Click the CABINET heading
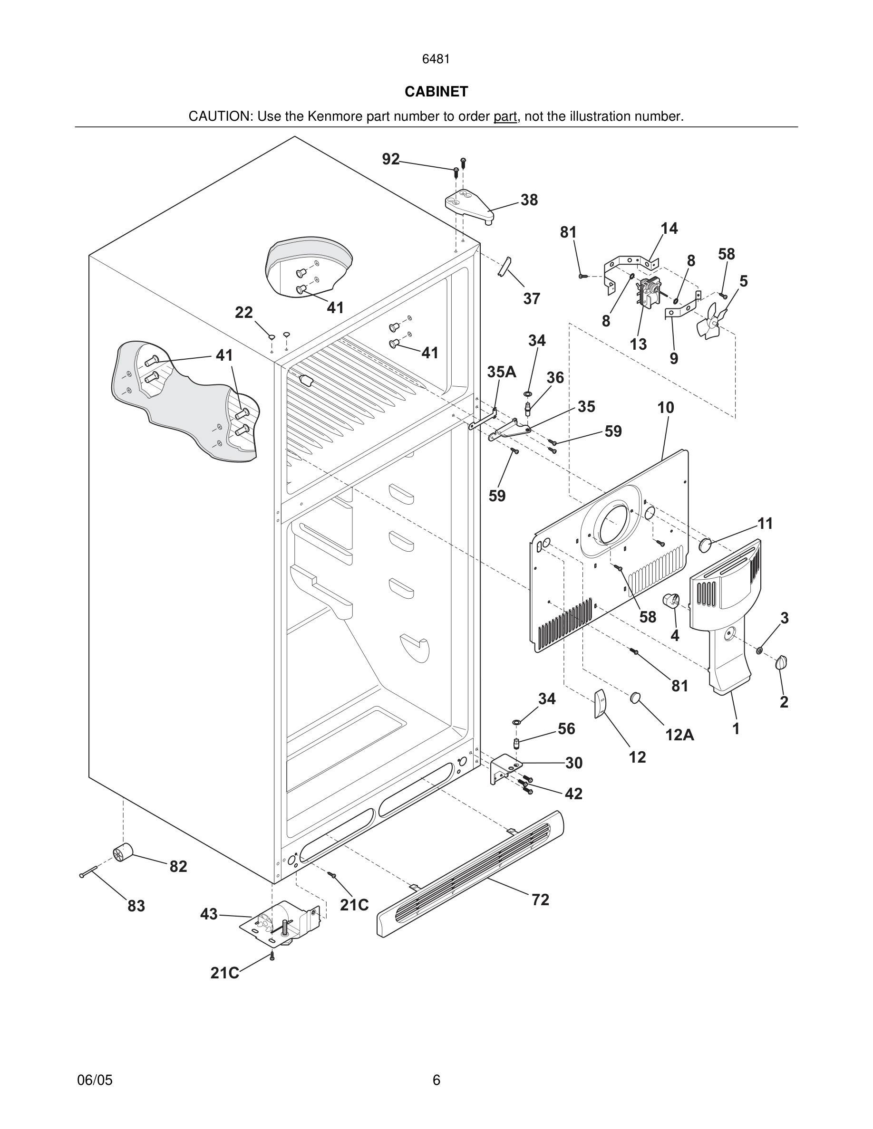436,92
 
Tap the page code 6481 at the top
436,59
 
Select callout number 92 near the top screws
391,159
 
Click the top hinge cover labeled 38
468,204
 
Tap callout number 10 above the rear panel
666,408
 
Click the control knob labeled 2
781,663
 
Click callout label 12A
679,735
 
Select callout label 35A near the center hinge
501,372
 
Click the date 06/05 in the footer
95,1080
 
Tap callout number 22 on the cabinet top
243,313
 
